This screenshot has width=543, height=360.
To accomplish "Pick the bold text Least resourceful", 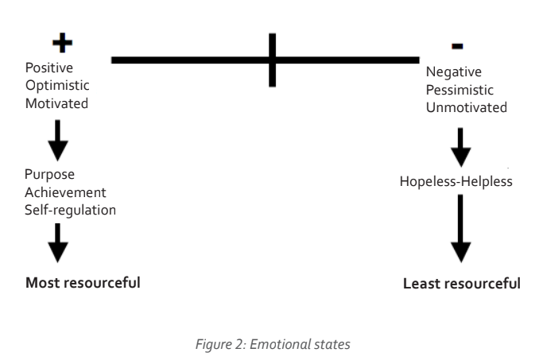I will point(462,283).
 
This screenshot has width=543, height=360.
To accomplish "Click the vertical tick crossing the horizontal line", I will point(272,59).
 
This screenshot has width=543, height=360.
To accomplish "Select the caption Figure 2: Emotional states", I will point(270,343).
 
